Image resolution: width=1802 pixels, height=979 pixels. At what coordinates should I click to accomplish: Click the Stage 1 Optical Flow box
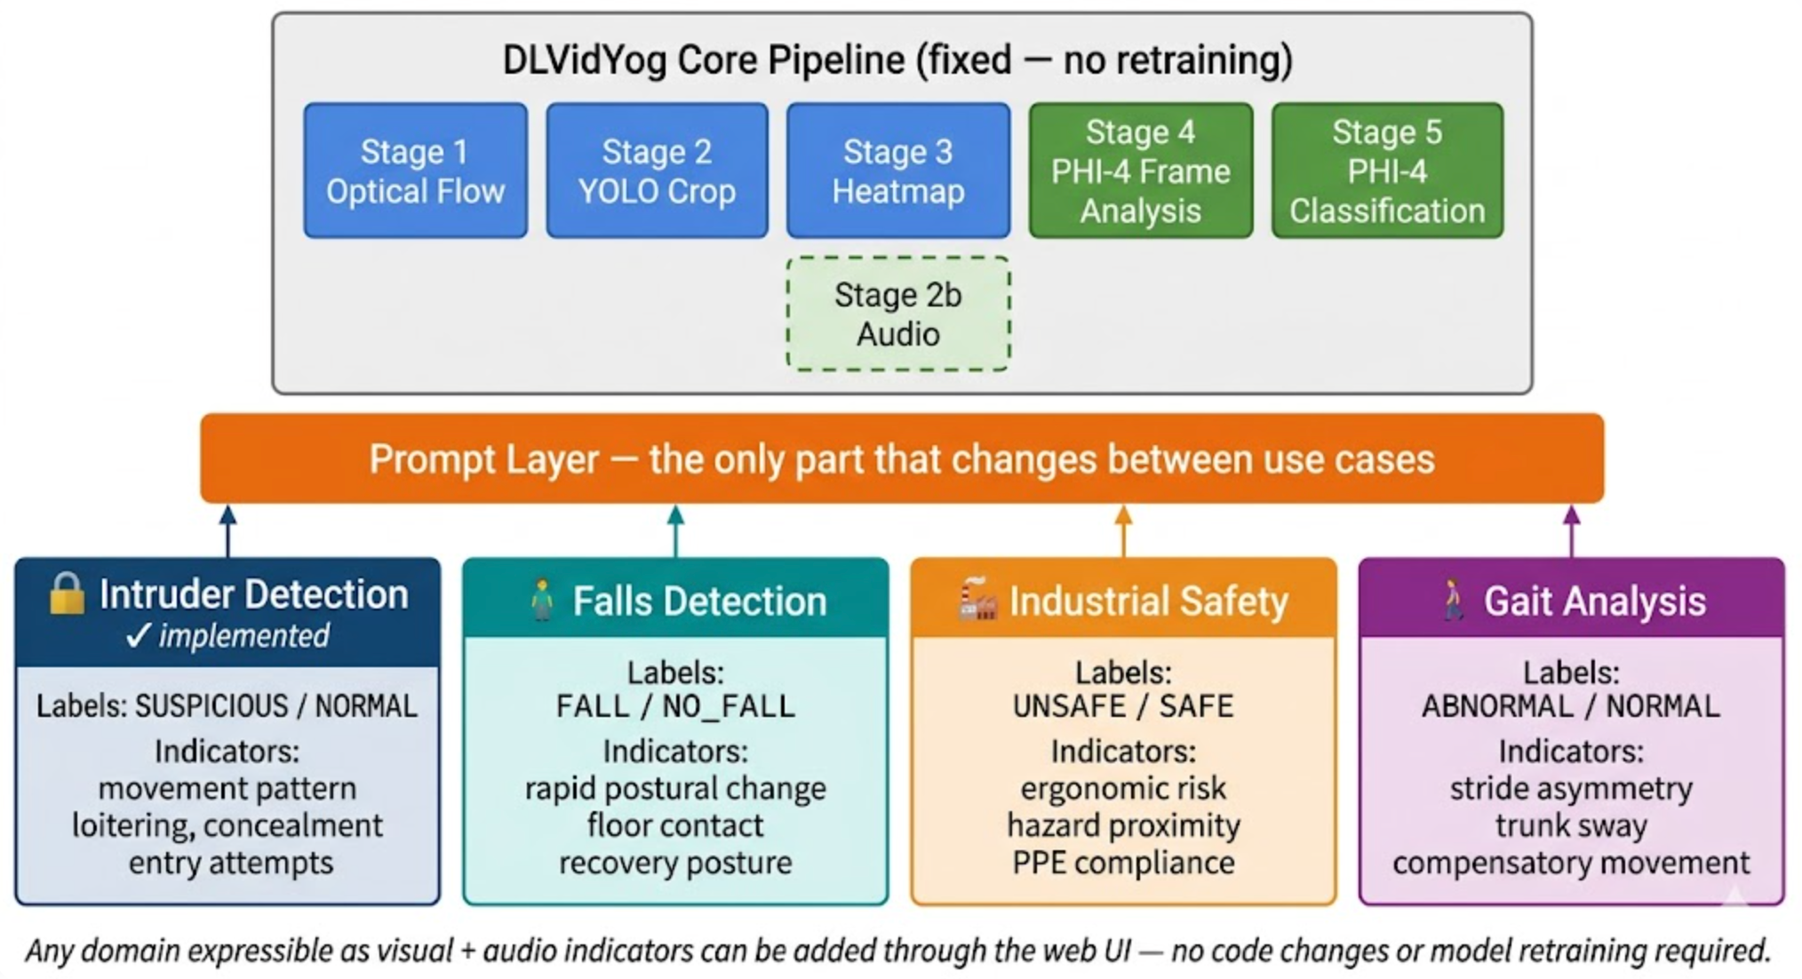pos(415,171)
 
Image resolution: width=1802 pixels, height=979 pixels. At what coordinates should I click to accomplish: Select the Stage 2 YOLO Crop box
pos(657,171)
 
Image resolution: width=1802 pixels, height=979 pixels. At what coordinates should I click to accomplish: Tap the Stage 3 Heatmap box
pos(897,171)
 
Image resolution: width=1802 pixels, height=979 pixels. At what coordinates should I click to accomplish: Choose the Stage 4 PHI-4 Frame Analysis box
pos(1140,171)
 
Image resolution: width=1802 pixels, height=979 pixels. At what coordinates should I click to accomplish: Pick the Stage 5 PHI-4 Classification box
pos(1386,171)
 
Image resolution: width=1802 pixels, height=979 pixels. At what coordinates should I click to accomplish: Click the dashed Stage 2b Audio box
pos(897,314)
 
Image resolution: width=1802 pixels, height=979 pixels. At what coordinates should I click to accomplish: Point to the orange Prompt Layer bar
pos(901,458)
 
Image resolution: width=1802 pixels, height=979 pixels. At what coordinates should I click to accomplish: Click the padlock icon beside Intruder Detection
pos(67,593)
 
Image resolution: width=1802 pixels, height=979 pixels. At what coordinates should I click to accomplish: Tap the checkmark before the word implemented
pos(138,635)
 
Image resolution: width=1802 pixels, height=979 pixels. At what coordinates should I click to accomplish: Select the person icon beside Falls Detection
pos(541,600)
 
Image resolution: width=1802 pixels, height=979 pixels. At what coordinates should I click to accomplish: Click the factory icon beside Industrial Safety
pos(977,600)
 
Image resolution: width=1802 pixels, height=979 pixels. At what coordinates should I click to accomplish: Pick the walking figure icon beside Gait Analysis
pos(1452,600)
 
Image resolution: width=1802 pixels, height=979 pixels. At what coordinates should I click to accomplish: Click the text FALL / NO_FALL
pos(675,706)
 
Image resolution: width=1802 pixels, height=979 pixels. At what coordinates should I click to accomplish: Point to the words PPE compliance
pos(1123,863)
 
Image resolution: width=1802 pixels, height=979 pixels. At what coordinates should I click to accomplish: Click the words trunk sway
pos(1570,825)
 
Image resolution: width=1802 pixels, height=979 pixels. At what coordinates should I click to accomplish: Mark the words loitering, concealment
pos(227,825)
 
